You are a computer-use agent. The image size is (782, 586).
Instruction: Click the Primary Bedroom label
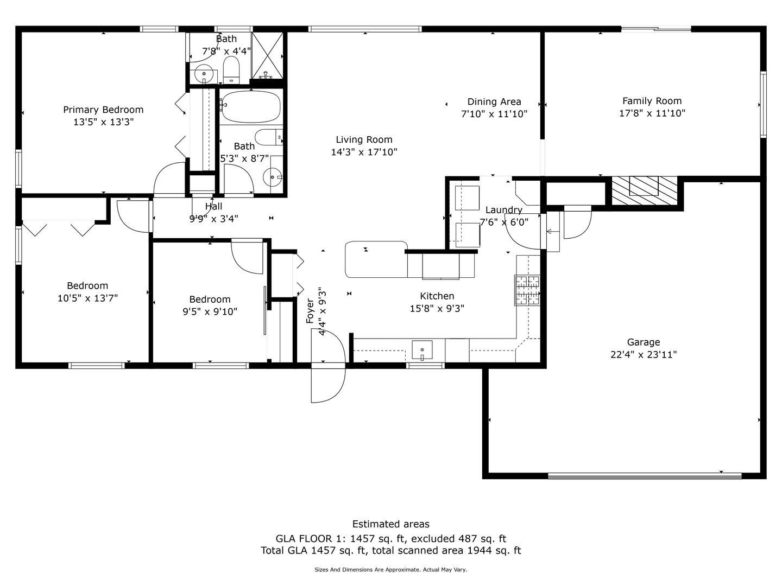[103, 110]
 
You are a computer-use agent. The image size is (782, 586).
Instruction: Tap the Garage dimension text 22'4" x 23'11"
[644, 355]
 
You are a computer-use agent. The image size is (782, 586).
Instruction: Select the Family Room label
[652, 101]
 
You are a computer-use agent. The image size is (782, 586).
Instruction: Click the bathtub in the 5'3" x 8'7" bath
[251, 107]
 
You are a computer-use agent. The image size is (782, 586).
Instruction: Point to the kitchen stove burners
[527, 290]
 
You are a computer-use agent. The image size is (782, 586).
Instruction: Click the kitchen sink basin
[422, 350]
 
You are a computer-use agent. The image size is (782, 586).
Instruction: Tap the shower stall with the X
[267, 55]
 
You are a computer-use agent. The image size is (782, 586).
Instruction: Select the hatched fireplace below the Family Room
[645, 190]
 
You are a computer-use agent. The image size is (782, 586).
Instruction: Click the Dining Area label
[494, 102]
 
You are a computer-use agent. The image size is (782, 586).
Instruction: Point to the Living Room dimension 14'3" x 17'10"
[364, 152]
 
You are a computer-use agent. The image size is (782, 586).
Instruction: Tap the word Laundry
[504, 211]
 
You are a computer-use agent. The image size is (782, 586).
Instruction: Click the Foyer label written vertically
[310, 311]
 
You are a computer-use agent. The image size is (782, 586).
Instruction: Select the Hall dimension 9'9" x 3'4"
[214, 219]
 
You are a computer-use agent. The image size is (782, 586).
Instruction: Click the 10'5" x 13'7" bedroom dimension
[87, 298]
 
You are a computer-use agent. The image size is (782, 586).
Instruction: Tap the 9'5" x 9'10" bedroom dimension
[210, 311]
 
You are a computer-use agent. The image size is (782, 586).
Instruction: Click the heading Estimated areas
[391, 524]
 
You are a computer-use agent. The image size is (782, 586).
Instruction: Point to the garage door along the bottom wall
[645, 476]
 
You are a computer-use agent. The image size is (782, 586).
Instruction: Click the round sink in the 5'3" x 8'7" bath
[272, 177]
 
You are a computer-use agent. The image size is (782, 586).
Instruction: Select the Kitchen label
[437, 296]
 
